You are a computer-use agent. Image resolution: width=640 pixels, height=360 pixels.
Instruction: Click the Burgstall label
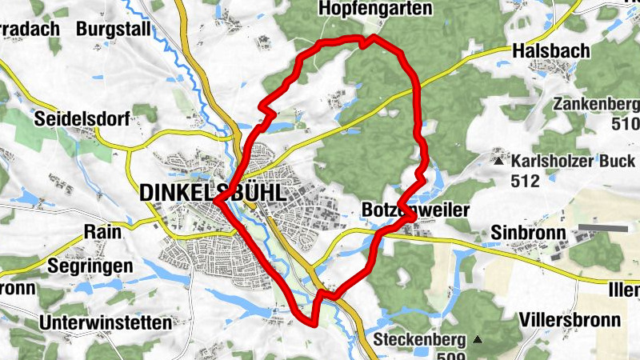point(114,29)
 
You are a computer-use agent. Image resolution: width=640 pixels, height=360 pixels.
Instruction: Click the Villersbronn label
point(570,319)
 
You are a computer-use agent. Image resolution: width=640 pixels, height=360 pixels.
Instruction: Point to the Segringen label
point(89,264)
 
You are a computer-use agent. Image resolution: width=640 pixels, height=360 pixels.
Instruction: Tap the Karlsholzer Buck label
point(573,160)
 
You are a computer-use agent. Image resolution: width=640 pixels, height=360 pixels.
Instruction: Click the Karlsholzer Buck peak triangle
point(499,160)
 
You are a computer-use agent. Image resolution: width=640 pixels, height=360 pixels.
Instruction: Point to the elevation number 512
point(525,181)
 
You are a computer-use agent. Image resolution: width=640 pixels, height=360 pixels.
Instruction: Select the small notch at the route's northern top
point(366,42)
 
